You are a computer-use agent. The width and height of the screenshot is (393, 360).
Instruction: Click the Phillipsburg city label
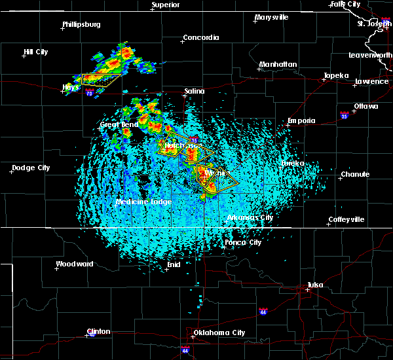81,25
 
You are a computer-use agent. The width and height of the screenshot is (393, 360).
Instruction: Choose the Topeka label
337,75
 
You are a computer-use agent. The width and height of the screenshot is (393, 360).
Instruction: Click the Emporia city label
301,120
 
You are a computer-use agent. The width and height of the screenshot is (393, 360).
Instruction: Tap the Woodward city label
75,264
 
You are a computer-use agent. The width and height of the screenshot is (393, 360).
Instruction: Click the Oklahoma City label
219,333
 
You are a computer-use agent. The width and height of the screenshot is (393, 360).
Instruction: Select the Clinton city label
99,331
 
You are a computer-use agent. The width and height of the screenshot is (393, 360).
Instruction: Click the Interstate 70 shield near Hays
88,93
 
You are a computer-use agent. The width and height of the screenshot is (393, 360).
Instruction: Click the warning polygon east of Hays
102,80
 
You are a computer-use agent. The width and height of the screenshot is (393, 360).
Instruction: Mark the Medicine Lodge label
144,202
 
